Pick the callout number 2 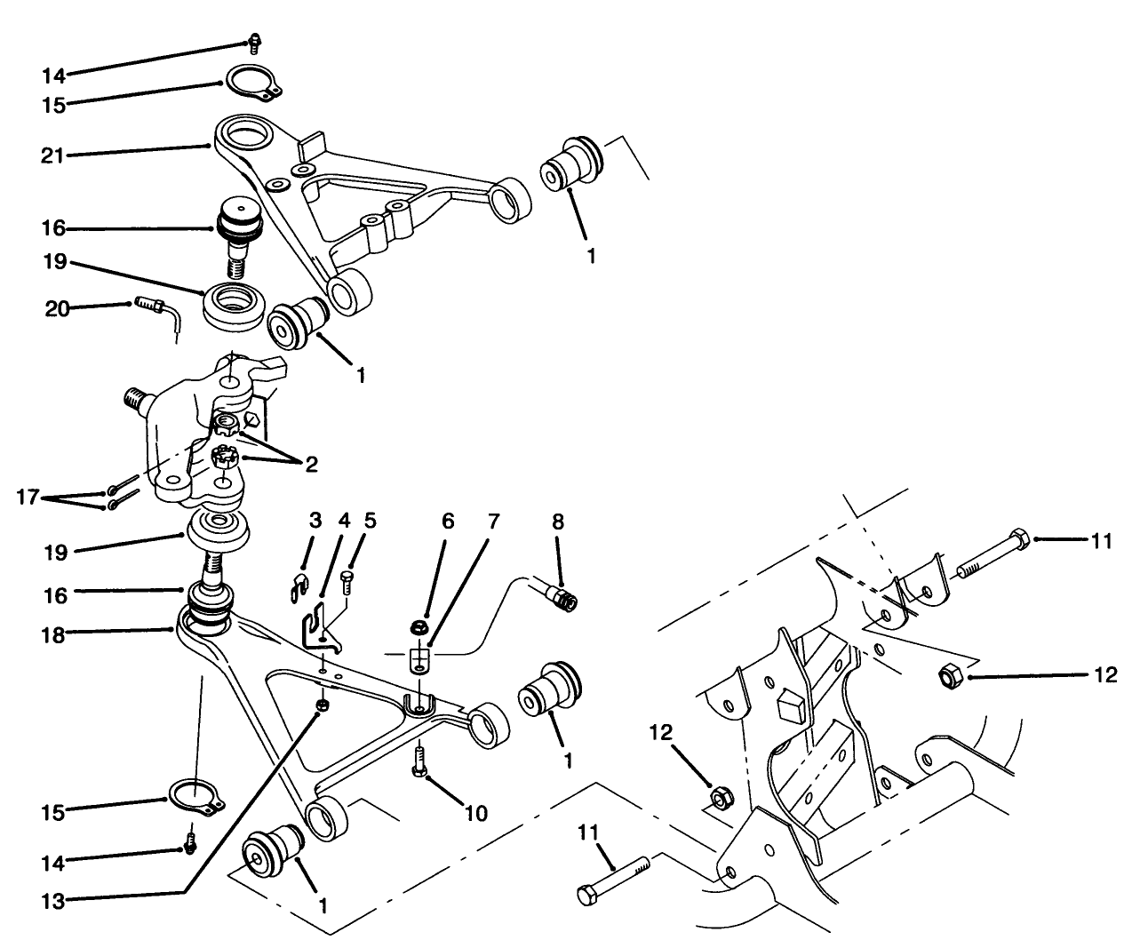click(x=312, y=463)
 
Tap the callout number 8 click(x=558, y=522)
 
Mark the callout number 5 click(x=370, y=521)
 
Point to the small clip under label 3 click(x=301, y=583)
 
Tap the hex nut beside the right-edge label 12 click(x=947, y=676)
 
